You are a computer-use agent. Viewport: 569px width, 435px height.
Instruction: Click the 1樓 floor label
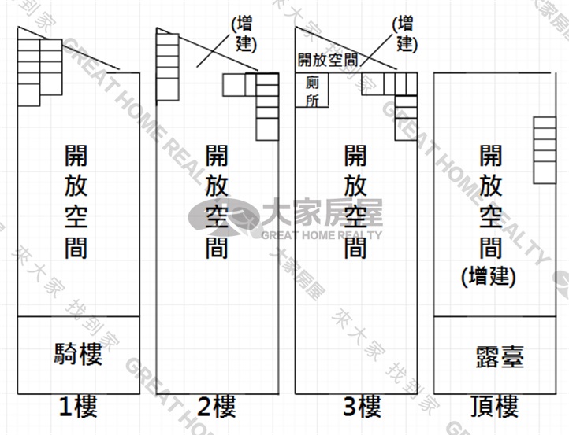78,407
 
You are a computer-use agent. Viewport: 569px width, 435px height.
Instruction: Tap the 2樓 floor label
217,407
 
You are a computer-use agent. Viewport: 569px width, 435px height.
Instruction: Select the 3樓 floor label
363,407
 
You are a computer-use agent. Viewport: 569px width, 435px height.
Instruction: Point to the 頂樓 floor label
495,407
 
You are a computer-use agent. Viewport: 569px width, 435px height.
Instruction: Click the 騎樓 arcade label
78,354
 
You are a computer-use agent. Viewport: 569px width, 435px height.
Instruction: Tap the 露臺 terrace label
500,357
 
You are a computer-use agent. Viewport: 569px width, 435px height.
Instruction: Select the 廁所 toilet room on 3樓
312,90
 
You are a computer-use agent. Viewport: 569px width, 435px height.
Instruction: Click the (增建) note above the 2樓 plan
244,35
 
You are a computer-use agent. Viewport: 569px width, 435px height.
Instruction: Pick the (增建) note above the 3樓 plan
405,35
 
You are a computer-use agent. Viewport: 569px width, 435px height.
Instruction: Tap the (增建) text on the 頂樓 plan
489,276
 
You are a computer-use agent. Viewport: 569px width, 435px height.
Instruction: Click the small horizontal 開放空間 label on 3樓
328,60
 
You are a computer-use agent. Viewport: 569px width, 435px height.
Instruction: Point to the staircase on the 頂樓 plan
545,150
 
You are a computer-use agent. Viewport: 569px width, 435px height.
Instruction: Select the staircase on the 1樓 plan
40,72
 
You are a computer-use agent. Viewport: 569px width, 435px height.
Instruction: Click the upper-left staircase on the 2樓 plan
168,67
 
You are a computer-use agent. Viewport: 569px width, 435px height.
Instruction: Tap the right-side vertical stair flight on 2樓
267,107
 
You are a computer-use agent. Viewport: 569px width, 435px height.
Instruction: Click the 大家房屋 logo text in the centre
322,213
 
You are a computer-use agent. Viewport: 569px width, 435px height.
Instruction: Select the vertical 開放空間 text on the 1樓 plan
76,201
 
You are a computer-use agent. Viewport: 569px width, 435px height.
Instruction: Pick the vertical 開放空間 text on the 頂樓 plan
491,201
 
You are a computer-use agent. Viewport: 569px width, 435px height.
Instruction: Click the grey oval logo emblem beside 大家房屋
225,218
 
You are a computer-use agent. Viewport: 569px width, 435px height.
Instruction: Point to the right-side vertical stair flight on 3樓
407,118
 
